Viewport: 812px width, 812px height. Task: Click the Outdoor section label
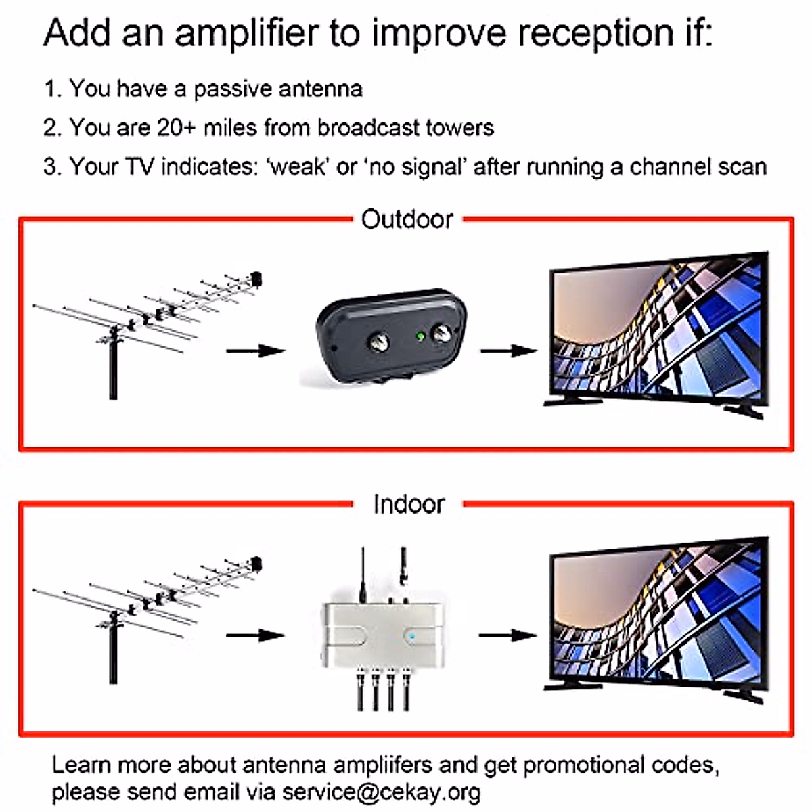click(x=407, y=219)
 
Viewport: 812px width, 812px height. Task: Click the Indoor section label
click(x=409, y=504)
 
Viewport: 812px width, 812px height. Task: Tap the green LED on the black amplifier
click(x=420, y=335)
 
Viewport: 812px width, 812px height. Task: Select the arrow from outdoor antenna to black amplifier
click(x=255, y=351)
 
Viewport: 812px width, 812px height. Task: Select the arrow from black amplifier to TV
click(x=508, y=351)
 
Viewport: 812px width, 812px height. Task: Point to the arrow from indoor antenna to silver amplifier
click(x=255, y=635)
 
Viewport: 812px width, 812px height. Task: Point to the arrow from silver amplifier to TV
click(x=507, y=635)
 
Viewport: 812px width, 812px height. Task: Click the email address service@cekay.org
click(x=381, y=792)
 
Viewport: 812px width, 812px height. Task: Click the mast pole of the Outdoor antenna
click(x=112, y=372)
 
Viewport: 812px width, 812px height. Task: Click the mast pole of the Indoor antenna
click(x=112, y=656)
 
